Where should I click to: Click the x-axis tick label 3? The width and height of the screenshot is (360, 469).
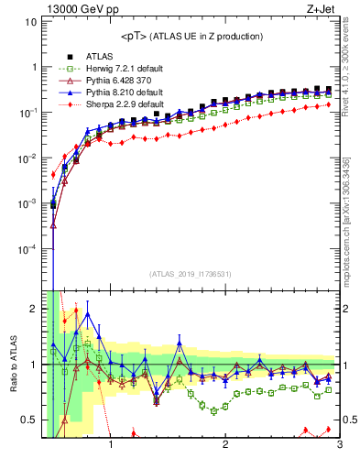pyautogui.click(x=339, y=448)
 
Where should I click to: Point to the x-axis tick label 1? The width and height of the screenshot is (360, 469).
pyautogui.click(x=111, y=448)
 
